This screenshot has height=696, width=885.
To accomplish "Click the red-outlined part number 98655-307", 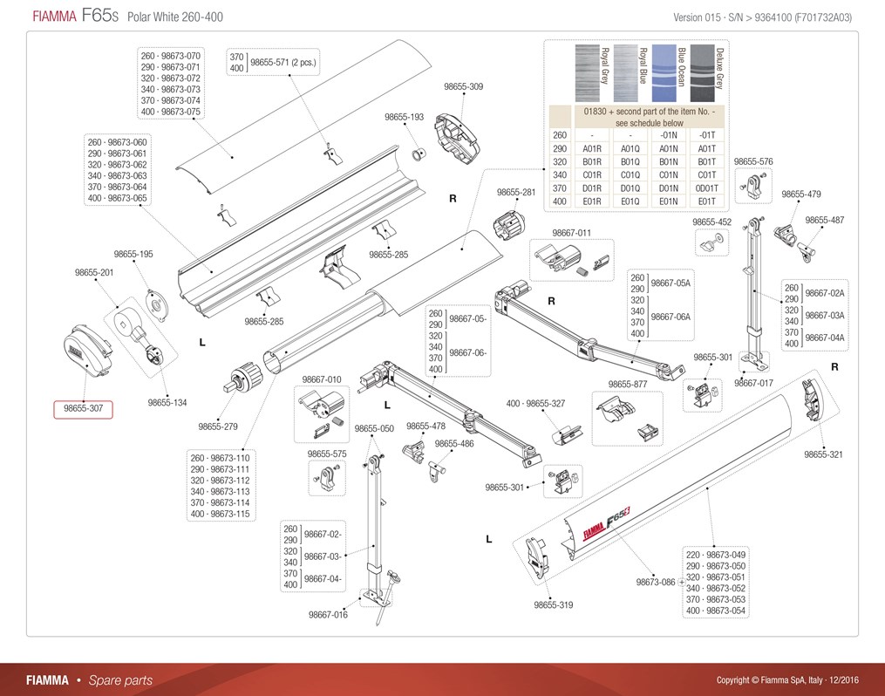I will [84, 409].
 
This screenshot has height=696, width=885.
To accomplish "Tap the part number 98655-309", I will [463, 86].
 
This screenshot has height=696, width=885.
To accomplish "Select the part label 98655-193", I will [404, 117].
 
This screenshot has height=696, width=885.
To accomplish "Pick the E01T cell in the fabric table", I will [706, 201].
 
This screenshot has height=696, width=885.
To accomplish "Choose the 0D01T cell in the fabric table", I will [706, 188].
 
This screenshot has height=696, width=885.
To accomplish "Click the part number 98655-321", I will [823, 454].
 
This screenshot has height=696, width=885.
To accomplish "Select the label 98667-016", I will [328, 615].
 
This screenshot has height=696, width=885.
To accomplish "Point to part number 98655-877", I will [628, 384].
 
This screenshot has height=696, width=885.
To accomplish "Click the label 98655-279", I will [217, 427].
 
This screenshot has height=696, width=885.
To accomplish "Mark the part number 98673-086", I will [656, 582].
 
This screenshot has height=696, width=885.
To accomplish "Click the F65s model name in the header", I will [99, 17].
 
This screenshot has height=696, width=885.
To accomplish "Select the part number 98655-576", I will [753, 161].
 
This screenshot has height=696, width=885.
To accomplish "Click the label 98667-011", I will [572, 233].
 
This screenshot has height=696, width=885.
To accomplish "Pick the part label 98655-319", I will [554, 604].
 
